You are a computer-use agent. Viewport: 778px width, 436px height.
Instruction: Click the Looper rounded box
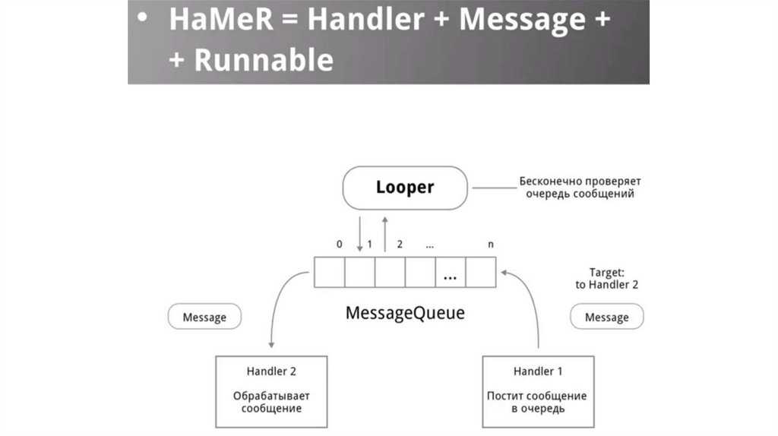tap(404, 187)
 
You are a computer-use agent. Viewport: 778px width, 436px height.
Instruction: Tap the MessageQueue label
tap(404, 312)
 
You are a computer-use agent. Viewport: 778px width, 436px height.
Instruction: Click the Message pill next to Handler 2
tap(204, 317)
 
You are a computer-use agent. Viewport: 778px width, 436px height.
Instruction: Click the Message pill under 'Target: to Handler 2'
tap(606, 317)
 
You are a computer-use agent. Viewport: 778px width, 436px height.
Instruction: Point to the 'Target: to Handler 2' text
tap(607, 278)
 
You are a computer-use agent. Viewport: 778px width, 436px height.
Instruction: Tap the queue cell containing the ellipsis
tap(450, 272)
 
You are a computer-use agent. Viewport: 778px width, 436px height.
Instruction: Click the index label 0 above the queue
tap(339, 245)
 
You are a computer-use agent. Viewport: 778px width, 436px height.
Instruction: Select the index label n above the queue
tap(492, 245)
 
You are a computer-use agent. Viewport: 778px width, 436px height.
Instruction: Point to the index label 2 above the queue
tap(400, 245)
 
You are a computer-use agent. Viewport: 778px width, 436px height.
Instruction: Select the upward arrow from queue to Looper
tap(384, 232)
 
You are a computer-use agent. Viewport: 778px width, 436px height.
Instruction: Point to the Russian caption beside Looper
tap(580, 188)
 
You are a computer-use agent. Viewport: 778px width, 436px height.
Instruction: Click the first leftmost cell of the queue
tap(330, 272)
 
